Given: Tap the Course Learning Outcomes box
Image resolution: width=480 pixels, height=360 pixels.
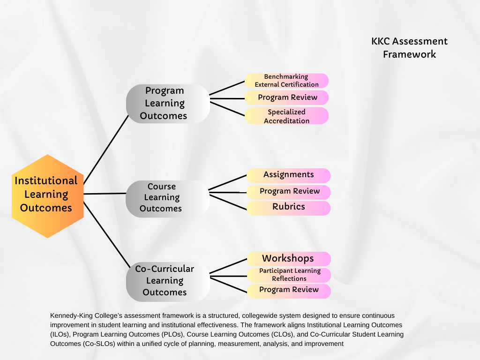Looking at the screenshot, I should coord(167,198).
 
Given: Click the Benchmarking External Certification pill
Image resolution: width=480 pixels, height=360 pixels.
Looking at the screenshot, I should coord(286,81).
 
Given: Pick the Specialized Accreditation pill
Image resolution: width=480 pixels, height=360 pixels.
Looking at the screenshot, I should coord(286,116).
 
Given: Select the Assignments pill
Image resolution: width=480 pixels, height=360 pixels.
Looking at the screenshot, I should coord(288,175).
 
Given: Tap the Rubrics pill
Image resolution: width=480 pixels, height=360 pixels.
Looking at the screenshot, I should coord(288,207).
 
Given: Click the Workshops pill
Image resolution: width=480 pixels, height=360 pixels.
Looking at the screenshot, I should coord(288,259).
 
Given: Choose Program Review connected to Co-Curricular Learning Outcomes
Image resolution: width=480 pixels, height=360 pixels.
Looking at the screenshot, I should coord(289,290).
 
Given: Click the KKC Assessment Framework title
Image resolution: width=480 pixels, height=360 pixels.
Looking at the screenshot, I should coord(409,48).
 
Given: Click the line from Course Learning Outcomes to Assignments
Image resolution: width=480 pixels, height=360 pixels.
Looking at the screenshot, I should coord(227,183).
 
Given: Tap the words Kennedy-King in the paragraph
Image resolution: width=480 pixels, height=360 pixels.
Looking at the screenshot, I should coord(71,316).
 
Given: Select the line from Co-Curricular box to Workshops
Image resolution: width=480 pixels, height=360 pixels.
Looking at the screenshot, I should coord(228,265).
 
